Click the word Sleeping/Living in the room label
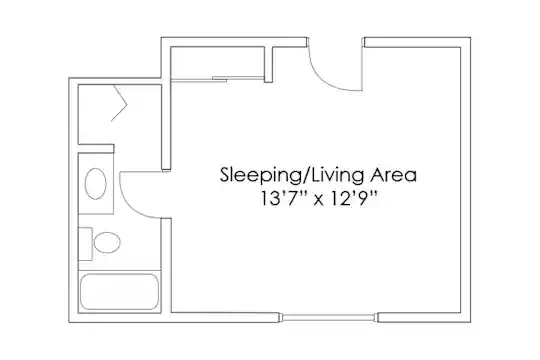[x=292, y=175]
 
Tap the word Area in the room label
[x=393, y=175]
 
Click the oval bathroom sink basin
[x=95, y=184]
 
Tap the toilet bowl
[x=107, y=243]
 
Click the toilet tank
[x=85, y=244]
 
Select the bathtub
[x=120, y=292]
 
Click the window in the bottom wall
[x=329, y=317]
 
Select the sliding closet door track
[x=218, y=79]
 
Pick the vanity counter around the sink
[x=96, y=184]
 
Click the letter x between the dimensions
[x=319, y=200]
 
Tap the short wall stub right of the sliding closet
[x=269, y=64]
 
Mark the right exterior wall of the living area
[x=466, y=180]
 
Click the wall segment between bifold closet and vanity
[x=96, y=148]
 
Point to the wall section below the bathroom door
[x=166, y=266]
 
